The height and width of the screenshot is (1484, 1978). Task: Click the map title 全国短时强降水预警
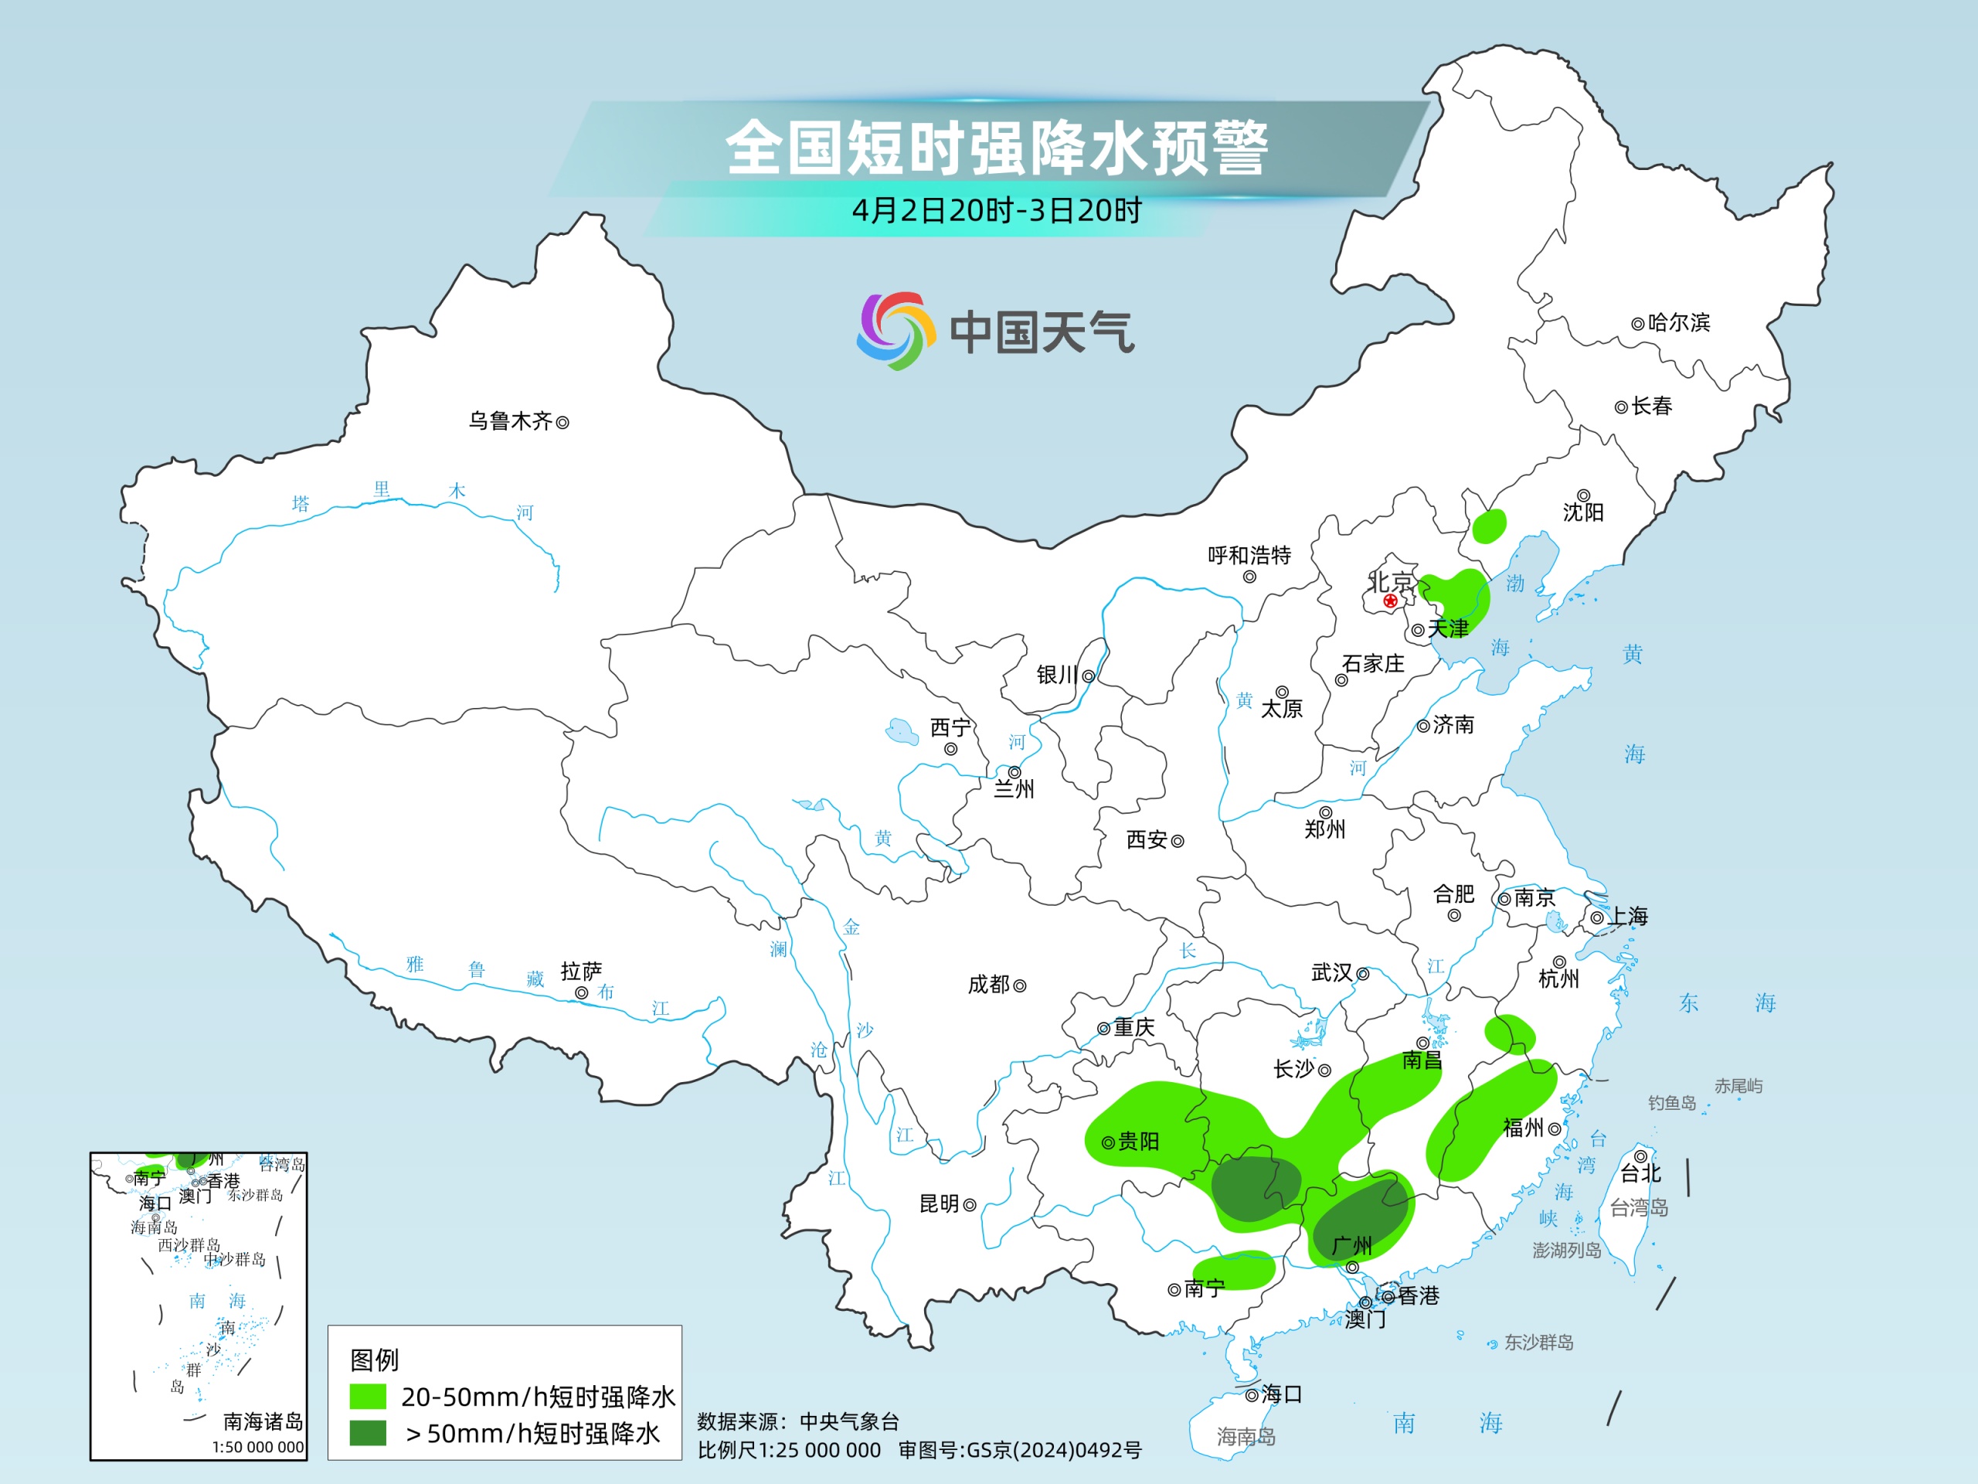coord(996,148)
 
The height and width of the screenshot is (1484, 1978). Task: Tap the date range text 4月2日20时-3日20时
coord(996,211)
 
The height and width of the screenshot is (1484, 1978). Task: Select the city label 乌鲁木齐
coord(511,421)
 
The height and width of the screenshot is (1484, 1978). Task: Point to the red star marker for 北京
coord(1389,601)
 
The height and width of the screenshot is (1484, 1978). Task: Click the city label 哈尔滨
coord(1678,323)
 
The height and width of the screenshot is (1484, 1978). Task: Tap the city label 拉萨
coord(581,972)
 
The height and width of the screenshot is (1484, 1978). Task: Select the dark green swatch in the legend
coord(368,1433)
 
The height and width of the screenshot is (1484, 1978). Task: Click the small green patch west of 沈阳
coord(1489,526)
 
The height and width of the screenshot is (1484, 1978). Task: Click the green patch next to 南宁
coord(1245,1268)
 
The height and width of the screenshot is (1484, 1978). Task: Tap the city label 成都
coord(988,985)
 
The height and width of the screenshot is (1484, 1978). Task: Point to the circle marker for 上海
coord(1597,917)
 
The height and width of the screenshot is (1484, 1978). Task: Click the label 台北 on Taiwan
coord(1641,1173)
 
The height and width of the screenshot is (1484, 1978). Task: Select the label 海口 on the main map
coord(1281,1394)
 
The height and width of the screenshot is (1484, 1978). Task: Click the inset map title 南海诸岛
coord(263,1421)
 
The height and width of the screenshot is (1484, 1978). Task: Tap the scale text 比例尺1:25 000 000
coord(789,1450)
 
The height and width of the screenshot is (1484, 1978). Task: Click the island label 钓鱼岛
coord(1672,1103)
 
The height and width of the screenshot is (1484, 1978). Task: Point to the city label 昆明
coord(939,1204)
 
